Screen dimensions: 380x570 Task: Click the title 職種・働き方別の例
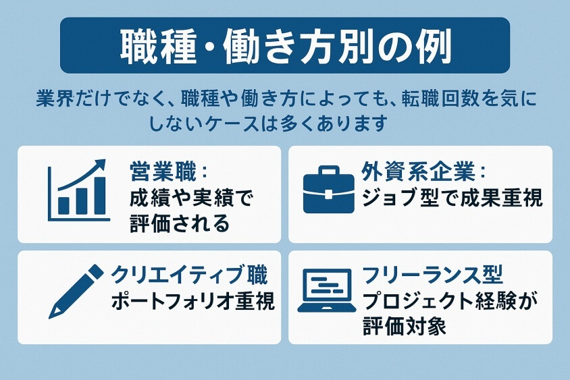(284, 45)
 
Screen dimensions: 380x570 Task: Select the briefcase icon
(329, 191)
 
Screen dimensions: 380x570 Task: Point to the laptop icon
(327, 291)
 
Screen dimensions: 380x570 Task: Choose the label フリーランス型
(433, 275)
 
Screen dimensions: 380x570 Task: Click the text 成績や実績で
(190, 198)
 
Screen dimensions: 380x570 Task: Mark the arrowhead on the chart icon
(101, 164)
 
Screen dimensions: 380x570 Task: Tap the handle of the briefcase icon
(329, 171)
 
